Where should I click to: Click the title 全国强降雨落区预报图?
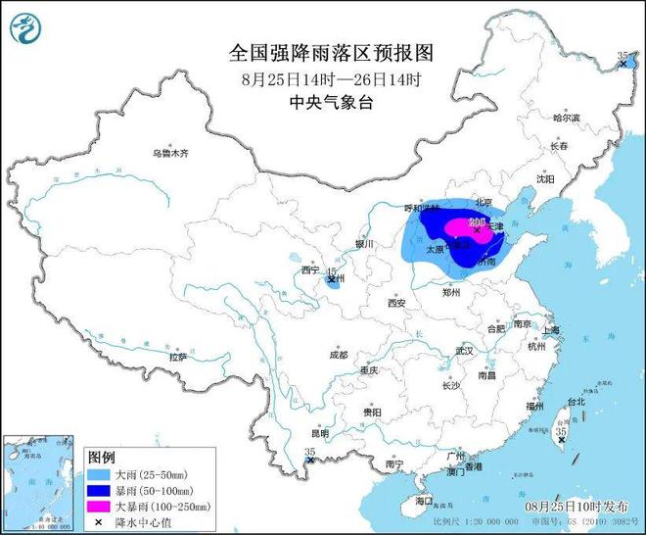click(323, 51)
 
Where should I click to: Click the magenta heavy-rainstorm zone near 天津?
click(460, 227)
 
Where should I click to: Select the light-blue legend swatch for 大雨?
click(100, 472)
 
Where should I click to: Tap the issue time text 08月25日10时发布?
click(577, 506)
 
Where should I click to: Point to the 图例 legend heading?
click(102, 457)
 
